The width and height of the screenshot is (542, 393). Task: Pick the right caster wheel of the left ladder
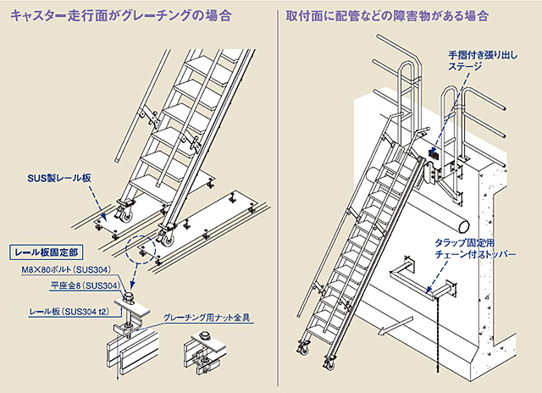click(x=163, y=240)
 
